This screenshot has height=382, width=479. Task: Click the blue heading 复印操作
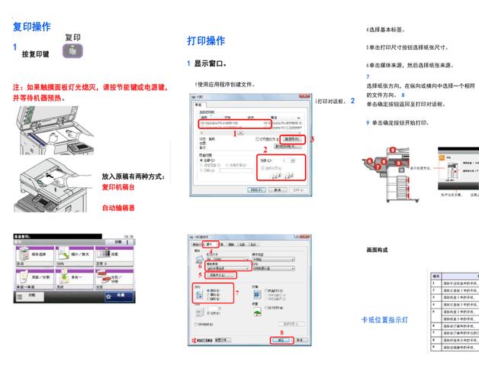(32, 27)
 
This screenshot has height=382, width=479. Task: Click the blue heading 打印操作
(206, 40)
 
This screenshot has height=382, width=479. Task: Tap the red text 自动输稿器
(118, 207)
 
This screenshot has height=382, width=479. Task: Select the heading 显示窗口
(210, 64)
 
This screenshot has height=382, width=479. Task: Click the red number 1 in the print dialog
(235, 133)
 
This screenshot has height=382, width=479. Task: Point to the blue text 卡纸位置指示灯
(384, 320)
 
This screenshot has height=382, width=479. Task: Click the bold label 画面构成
(377, 250)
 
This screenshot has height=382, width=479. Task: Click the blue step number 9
(368, 123)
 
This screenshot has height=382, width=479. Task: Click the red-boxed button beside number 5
(222, 275)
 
